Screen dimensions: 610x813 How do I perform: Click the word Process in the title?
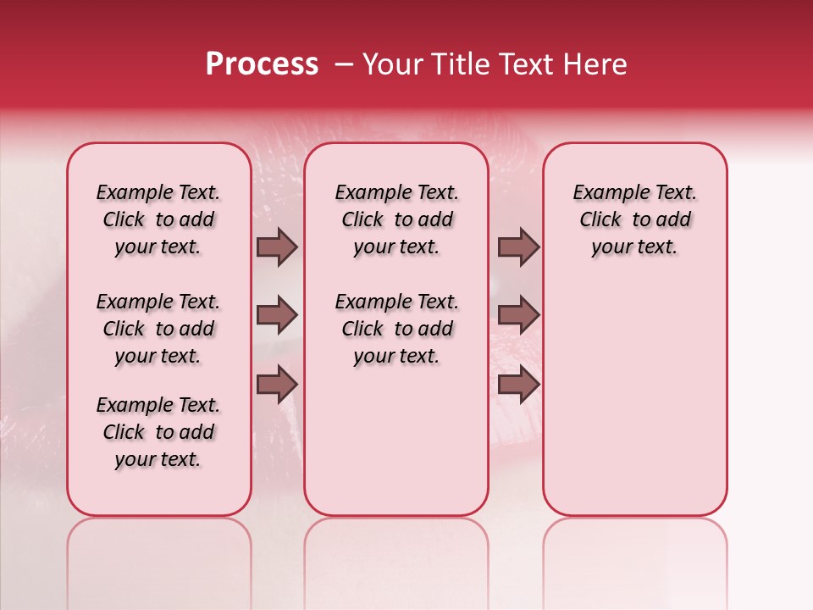(x=262, y=65)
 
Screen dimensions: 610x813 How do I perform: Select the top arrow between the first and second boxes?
(x=278, y=247)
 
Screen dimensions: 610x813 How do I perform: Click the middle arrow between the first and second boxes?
(x=278, y=315)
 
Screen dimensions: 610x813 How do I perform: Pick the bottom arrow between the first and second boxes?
(x=278, y=384)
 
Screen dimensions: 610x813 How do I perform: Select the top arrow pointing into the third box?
(x=518, y=247)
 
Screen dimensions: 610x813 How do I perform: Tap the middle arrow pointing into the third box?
(x=518, y=315)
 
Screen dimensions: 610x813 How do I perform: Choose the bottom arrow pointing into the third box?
(x=518, y=384)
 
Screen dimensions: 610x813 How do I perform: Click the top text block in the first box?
(x=158, y=219)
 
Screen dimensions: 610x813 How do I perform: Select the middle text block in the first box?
(x=158, y=329)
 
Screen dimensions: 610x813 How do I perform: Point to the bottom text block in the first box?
(x=158, y=432)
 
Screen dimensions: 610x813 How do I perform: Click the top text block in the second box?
(x=396, y=219)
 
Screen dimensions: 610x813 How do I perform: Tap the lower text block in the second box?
(x=396, y=329)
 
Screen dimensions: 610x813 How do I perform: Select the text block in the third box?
(x=634, y=219)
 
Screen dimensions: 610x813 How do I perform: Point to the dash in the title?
(x=344, y=65)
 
